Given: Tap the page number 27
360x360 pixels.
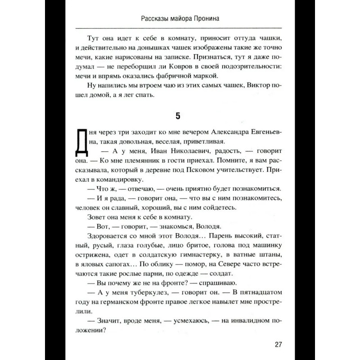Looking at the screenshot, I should (277, 345).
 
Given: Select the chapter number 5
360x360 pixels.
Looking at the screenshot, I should (177, 116).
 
